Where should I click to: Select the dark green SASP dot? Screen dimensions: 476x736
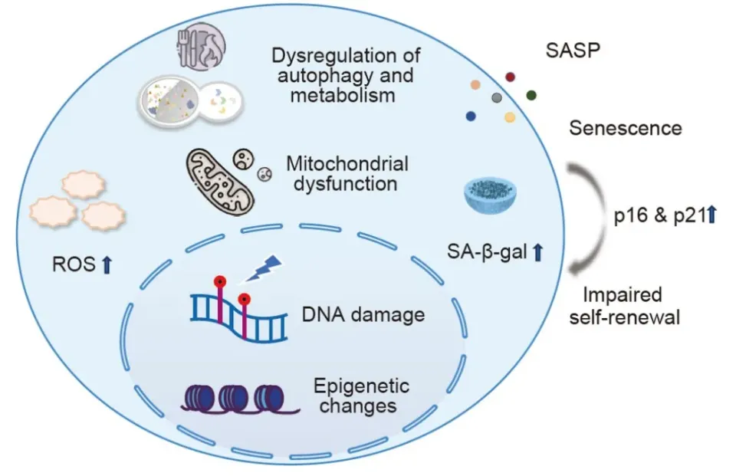point(531,94)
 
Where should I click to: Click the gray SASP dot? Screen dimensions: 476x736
point(497,97)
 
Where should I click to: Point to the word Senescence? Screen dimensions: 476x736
point(625,127)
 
